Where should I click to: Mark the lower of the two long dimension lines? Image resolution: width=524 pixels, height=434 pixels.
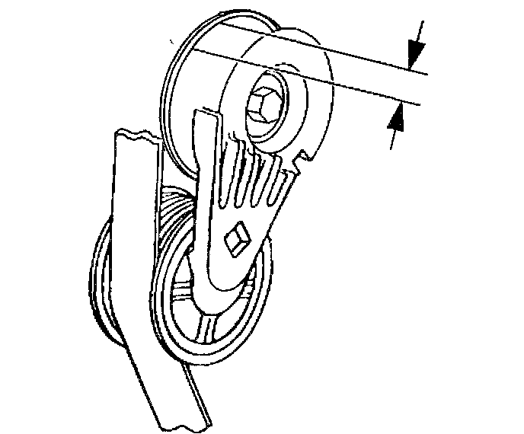pyautogui.click(x=320, y=81)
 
